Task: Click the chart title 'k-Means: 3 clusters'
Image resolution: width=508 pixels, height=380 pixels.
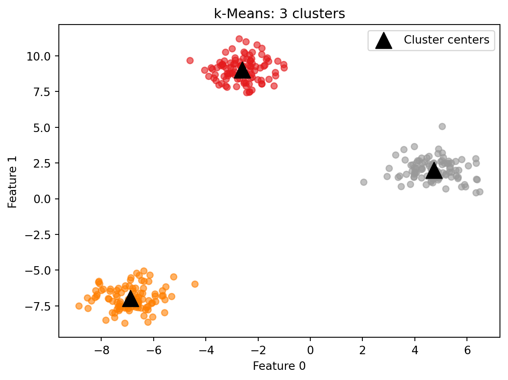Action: [x=279, y=14]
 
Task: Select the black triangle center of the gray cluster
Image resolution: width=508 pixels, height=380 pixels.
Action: [x=433, y=171]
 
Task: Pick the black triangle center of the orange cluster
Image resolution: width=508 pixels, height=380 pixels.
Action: [x=130, y=299]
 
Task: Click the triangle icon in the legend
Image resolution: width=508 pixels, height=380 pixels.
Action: [x=384, y=41]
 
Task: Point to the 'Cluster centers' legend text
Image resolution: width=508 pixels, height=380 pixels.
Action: [x=447, y=40]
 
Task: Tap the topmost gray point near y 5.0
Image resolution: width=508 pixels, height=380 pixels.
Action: [x=442, y=127]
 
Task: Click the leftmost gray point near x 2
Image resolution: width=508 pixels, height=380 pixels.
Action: [x=364, y=182]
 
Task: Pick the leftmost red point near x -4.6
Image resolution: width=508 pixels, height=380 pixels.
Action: [x=190, y=61]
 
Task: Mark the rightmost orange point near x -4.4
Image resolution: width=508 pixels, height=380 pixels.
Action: [x=195, y=284]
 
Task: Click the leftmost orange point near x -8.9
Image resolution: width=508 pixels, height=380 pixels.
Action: [x=79, y=306]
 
